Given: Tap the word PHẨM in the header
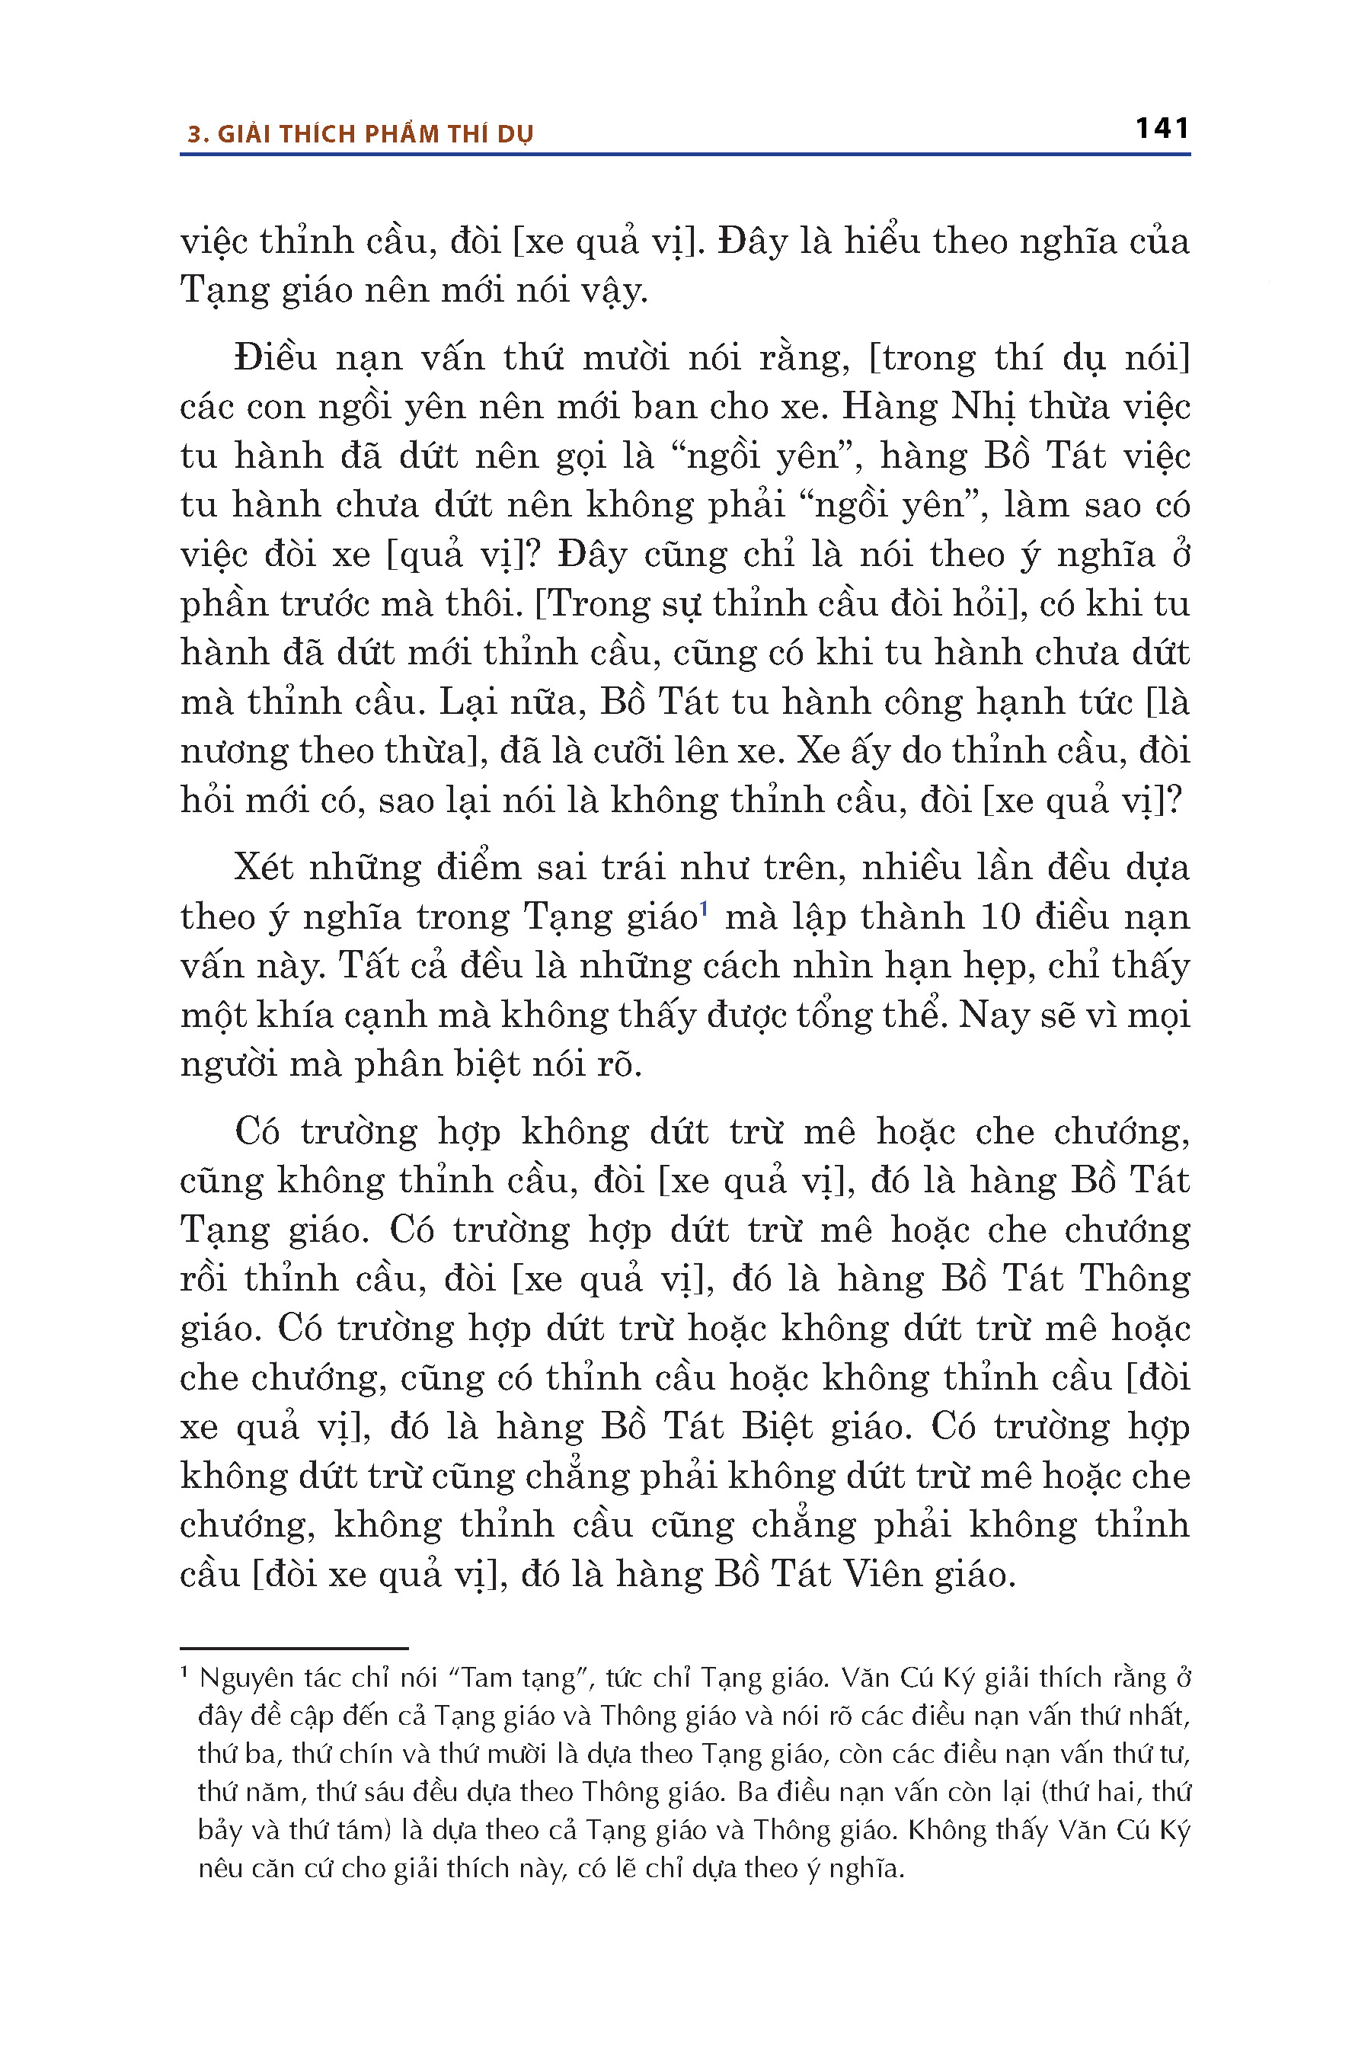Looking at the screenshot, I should (x=401, y=135).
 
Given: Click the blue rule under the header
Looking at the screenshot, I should (x=685, y=155).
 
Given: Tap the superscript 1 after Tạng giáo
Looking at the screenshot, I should (x=704, y=908).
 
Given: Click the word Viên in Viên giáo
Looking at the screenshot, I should (x=883, y=1574).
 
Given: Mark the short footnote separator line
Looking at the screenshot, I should (x=295, y=1649).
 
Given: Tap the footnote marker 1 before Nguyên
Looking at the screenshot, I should (x=184, y=1673).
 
